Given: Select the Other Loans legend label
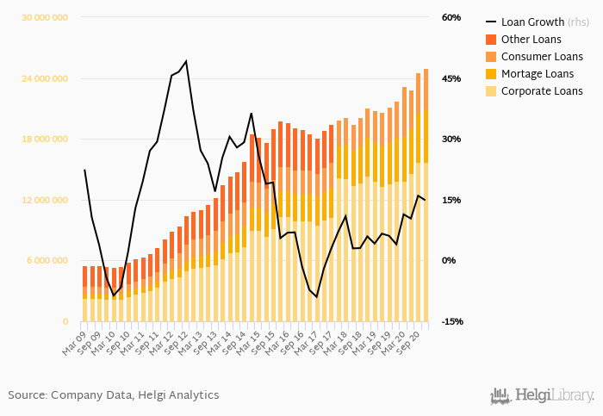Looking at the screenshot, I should (531, 40).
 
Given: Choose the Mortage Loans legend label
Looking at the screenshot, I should (537, 74).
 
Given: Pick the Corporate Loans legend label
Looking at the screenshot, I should (542, 91).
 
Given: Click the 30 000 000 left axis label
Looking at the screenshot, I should (46, 18).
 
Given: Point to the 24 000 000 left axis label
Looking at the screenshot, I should (46, 78).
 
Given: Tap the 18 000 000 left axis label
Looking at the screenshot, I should (46, 140).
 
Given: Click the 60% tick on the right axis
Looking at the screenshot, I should (451, 18).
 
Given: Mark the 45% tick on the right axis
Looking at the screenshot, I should (451, 78).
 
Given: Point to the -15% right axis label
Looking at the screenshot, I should (451, 321).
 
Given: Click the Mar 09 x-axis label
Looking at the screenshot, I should (75, 338).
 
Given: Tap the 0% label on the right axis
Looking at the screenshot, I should (449, 261).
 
